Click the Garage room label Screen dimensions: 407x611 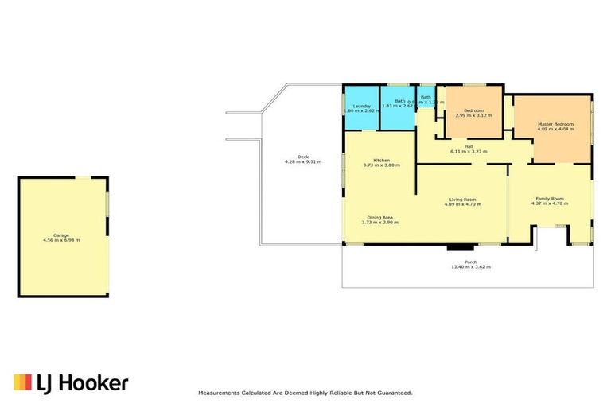(x=61, y=235)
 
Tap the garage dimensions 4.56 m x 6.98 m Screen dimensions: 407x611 (x=61, y=240)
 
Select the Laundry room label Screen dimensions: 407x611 (x=361, y=106)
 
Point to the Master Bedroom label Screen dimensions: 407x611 (x=555, y=124)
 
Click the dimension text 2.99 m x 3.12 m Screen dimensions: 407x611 (x=473, y=116)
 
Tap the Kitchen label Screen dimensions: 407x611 (x=381, y=160)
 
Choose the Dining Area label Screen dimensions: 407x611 (x=380, y=217)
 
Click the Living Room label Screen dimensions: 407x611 (x=462, y=199)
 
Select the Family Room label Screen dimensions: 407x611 (x=549, y=198)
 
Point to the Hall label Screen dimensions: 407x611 (x=469, y=146)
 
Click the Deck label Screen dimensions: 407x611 (x=302, y=156)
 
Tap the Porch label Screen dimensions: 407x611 (x=471, y=262)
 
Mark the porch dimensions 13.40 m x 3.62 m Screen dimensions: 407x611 (x=471, y=267)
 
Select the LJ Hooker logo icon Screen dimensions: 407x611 (x=22, y=382)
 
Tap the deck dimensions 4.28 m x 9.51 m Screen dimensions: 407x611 (x=302, y=161)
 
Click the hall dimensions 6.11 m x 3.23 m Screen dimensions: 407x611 (x=469, y=151)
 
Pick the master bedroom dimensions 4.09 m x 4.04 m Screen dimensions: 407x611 (x=555, y=130)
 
